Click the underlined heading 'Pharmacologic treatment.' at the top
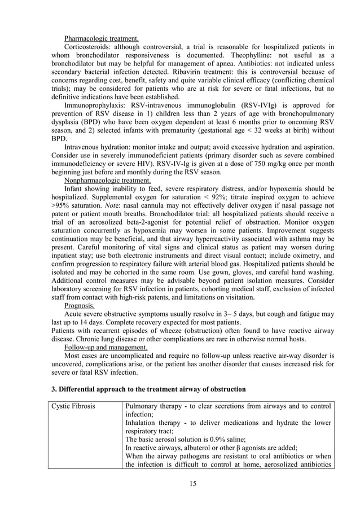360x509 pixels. [101, 38]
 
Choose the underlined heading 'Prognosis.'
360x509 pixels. [80, 305]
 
